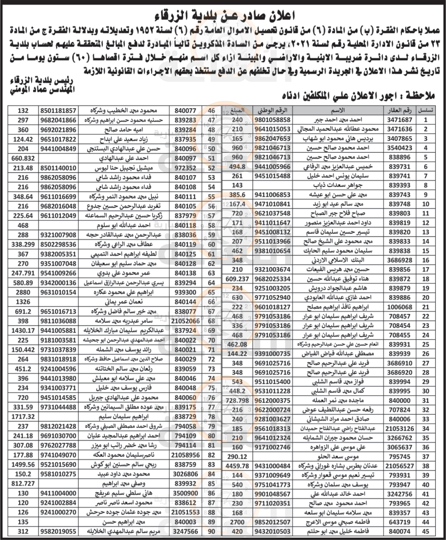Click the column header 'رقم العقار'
tap(399, 110)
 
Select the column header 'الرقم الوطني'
tap(272, 110)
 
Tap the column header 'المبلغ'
tap(237, 110)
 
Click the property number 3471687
tap(399, 120)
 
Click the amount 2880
tap(23, 292)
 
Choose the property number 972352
tap(185, 168)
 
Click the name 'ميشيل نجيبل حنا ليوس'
tap(124, 168)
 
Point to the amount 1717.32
tap(23, 417)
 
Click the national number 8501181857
tap(58, 111)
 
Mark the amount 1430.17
tap(23, 330)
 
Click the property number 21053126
tap(399, 428)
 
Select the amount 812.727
tap(23, 484)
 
